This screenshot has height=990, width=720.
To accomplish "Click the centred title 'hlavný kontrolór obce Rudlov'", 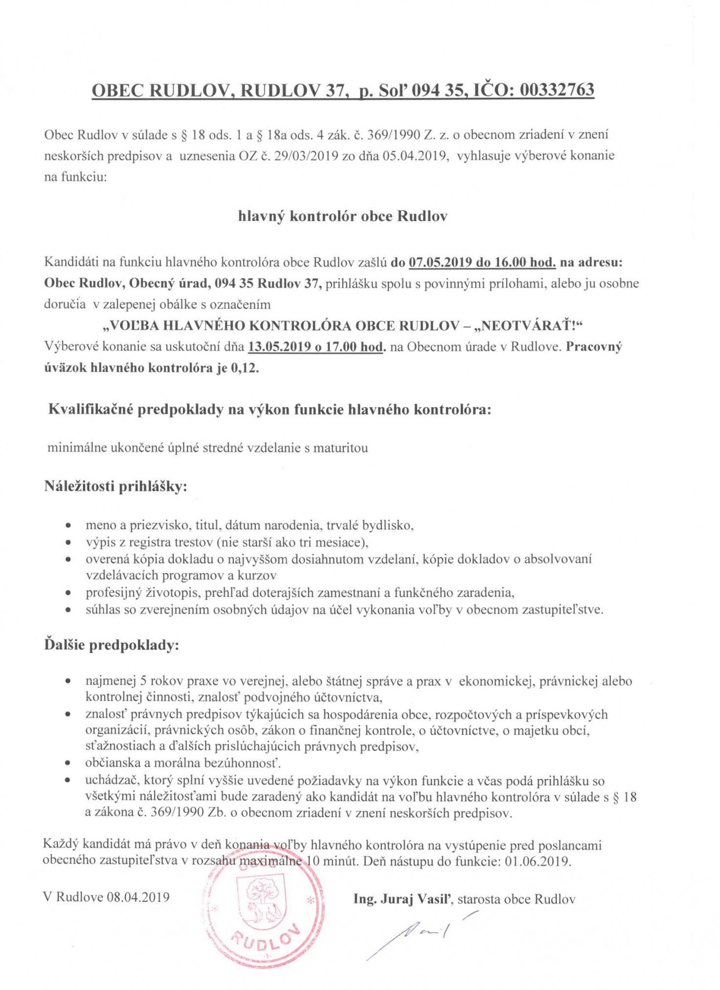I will (342, 216).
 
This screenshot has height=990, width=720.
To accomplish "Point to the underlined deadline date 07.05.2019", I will (440, 262).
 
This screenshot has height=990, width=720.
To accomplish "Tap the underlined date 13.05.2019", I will (279, 347).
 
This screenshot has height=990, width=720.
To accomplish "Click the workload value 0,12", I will (247, 368).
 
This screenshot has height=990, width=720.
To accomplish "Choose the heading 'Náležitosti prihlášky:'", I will (116, 487).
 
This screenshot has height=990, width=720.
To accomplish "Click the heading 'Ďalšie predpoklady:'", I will (112, 645).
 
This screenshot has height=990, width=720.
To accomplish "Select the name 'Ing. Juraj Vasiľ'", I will (405, 899).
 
